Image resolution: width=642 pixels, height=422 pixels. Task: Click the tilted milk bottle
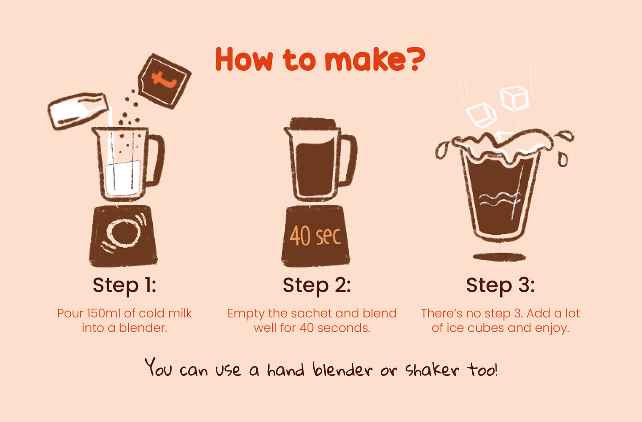78,110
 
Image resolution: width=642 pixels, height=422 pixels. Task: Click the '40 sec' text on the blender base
315,236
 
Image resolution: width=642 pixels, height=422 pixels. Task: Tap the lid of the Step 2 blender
312,123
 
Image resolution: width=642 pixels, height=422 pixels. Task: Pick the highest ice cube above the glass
515,98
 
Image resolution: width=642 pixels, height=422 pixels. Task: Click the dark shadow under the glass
499,257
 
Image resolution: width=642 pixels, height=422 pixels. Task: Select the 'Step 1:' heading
124,285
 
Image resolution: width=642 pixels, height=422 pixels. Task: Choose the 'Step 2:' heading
317,285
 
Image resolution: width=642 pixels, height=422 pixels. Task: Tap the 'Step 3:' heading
500,285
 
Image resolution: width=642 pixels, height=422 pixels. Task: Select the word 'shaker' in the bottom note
432,370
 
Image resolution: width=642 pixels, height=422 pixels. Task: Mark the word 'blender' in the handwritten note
342,369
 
